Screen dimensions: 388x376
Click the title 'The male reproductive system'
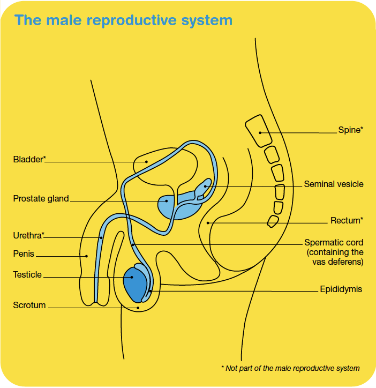123,20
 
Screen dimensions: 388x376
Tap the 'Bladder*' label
29,159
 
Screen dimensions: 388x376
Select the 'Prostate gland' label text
41,199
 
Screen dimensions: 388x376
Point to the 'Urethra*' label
29,235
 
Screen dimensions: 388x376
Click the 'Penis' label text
24,253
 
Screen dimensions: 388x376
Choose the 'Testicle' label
27,274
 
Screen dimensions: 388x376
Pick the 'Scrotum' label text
29,305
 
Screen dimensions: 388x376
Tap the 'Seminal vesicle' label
334,184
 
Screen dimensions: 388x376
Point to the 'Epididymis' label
341,289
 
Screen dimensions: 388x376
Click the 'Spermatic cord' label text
334,243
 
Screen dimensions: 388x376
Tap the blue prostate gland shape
167,205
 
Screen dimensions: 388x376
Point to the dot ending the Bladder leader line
146,161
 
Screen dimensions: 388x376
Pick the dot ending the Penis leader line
86,256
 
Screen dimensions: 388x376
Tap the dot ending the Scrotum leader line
138,308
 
